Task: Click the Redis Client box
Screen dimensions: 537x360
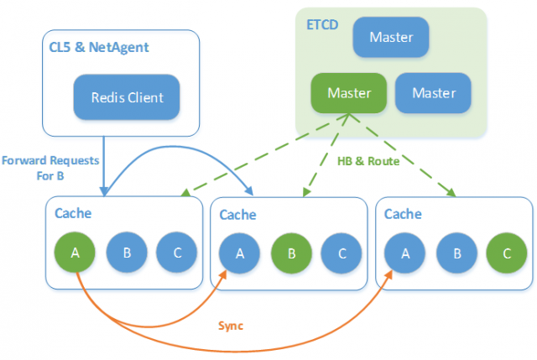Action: pyautogui.click(x=127, y=97)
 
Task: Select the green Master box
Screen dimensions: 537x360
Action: pyautogui.click(x=349, y=93)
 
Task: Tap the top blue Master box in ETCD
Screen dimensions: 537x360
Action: pyautogui.click(x=391, y=37)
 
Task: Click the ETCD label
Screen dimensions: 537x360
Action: pyautogui.click(x=322, y=25)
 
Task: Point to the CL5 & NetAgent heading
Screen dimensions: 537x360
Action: pyautogui.click(x=99, y=47)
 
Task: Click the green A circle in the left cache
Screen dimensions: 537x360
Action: pyautogui.click(x=75, y=253)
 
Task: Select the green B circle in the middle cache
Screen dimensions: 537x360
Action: pyautogui.click(x=291, y=253)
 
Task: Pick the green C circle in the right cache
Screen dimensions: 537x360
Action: pyautogui.click(x=507, y=253)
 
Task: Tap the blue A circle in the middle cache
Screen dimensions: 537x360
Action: pyautogui.click(x=239, y=253)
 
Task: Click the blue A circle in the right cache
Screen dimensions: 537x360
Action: pyautogui.click(x=404, y=253)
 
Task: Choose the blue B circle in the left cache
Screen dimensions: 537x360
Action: pyautogui.click(x=127, y=253)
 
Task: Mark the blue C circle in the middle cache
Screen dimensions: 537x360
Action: pyautogui.click(x=341, y=253)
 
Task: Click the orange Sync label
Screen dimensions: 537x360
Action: pyautogui.click(x=231, y=326)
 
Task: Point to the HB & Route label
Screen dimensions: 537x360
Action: pyautogui.click(x=368, y=161)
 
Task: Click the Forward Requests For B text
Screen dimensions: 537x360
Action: pyautogui.click(x=50, y=168)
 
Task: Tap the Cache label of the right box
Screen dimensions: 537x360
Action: pyautogui.click(x=403, y=214)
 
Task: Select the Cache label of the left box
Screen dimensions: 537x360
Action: pyautogui.click(x=73, y=213)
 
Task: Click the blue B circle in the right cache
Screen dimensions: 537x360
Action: pyautogui.click(x=456, y=253)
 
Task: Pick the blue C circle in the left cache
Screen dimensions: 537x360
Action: pyautogui.click(x=177, y=253)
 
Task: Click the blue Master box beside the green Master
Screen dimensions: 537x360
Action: pyautogui.click(x=433, y=93)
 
